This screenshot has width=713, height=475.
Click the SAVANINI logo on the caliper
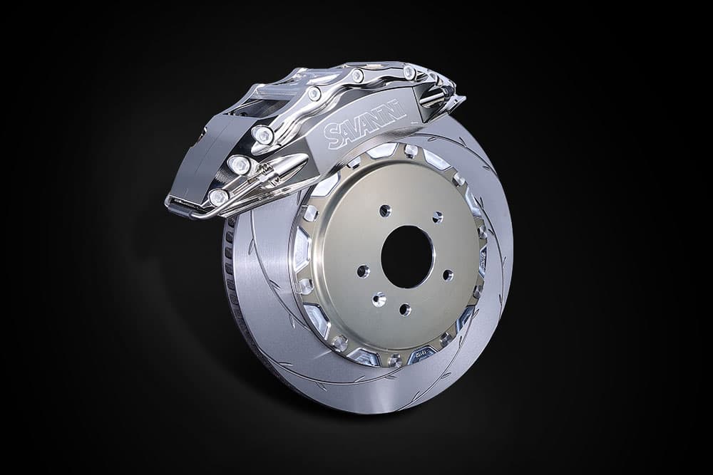coord(366,123)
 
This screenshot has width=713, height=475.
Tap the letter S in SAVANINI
coord(331,138)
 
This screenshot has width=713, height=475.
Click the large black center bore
coord(406,257)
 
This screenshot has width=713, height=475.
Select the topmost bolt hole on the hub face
coord(385,210)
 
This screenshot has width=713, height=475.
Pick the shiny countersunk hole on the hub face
coord(379,299)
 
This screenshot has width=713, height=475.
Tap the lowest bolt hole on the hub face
coord(404,310)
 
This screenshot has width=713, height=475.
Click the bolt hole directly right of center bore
coord(448,275)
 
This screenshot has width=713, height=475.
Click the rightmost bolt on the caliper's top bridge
coord(409,71)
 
